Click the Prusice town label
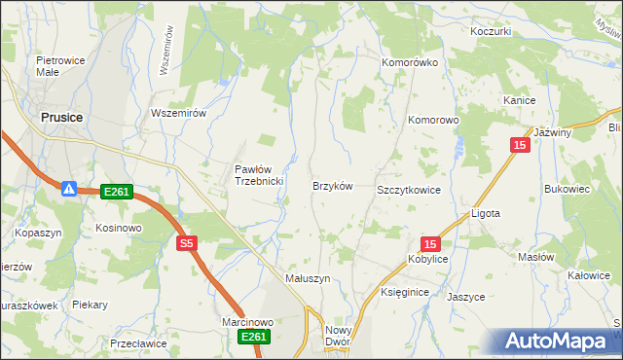pos(61,117)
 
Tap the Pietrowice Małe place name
pos(56,66)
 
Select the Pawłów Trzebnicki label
pos(258,175)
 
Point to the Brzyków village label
pos(331,185)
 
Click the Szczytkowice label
pos(409,190)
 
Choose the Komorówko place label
pos(410,61)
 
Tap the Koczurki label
pos(491,31)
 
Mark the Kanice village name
pos(520,100)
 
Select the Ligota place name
pos(485,213)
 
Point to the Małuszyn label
pos(308,277)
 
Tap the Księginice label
pos(406,292)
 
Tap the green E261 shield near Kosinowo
pos(116,192)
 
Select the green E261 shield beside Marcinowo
pos(253,337)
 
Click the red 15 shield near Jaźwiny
pos(520,145)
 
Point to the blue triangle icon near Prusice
pos(70,188)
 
